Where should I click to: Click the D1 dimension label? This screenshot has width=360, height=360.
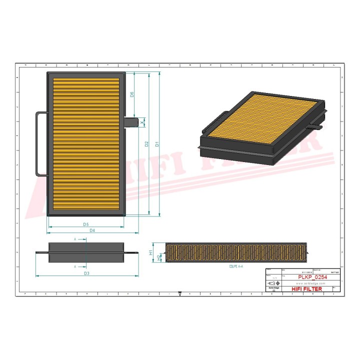(x=157, y=144)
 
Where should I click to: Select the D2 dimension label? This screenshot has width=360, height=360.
(x=146, y=144)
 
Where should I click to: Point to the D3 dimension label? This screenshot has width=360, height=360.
(x=86, y=273)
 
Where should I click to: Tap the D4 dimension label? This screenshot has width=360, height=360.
(x=92, y=230)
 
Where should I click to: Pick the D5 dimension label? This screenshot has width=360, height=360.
(x=85, y=224)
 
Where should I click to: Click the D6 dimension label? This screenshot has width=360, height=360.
(x=132, y=95)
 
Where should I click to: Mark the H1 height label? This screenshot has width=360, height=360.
(x=151, y=253)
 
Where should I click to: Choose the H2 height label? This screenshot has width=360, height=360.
(x=158, y=257)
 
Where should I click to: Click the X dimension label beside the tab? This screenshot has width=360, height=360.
(x=142, y=121)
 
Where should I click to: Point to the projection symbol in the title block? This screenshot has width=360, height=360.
(x=272, y=283)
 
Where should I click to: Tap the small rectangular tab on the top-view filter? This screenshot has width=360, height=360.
(x=131, y=121)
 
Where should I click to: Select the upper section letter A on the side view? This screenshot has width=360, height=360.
(x=75, y=239)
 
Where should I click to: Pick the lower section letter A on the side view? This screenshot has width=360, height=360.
(x=75, y=267)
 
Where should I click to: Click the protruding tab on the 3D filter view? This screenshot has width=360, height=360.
(x=317, y=127)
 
